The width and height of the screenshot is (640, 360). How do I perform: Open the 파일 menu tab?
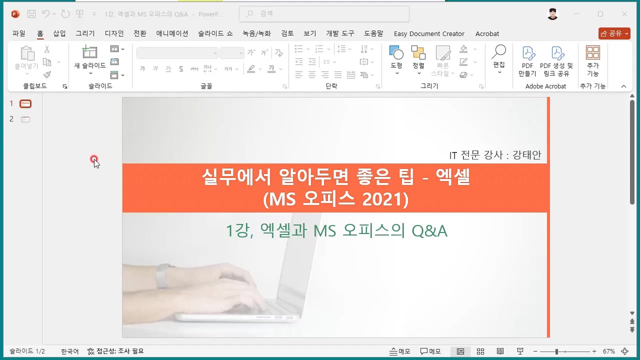[x=19, y=33]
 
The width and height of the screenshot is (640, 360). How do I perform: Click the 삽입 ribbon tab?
[x=59, y=33]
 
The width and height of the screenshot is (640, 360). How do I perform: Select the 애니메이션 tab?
[x=172, y=33]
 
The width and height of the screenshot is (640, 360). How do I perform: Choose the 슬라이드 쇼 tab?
[x=215, y=33]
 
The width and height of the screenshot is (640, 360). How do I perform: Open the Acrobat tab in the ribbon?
[x=487, y=33]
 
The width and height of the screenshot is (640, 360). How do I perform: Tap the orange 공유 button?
[x=614, y=33]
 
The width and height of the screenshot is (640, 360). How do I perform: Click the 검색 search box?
[x=324, y=14]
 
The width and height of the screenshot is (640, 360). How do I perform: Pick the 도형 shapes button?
[x=396, y=57]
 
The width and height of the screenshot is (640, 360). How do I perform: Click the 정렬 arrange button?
[x=418, y=57]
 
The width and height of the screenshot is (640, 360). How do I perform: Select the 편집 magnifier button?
[x=499, y=57]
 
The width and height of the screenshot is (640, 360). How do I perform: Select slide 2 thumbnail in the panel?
[x=25, y=119]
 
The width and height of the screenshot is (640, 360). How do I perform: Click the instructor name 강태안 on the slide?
[x=527, y=155]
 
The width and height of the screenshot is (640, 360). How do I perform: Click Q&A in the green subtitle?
[x=429, y=231]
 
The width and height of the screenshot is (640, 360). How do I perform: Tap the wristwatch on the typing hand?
[x=161, y=276]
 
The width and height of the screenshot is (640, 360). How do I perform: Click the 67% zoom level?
[x=608, y=351]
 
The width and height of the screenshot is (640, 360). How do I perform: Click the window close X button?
[x=624, y=14]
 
